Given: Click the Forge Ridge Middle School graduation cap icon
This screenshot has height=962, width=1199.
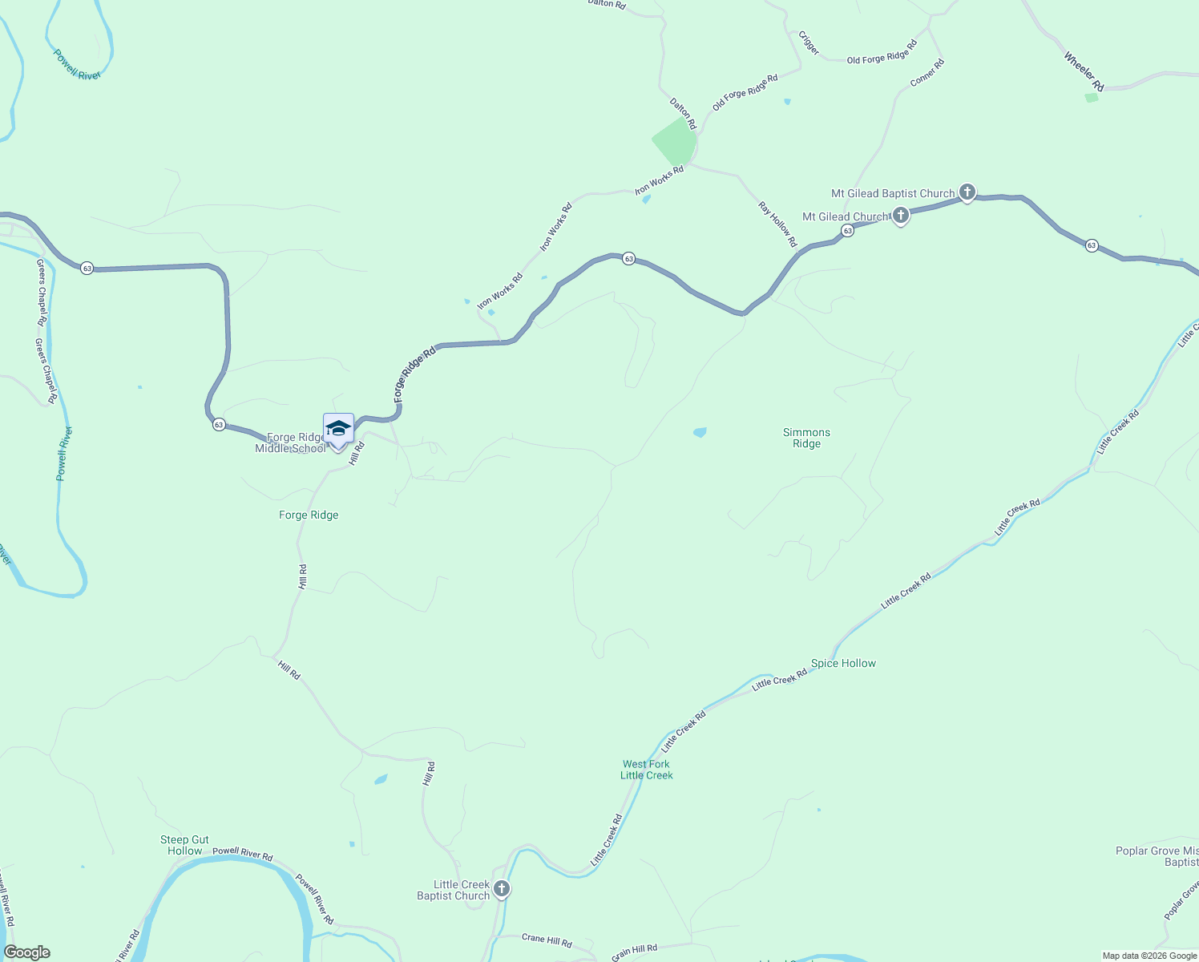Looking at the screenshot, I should tap(338, 429).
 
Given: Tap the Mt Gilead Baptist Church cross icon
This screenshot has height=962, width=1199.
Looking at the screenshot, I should tap(967, 192).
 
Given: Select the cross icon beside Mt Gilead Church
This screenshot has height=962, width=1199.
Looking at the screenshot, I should tap(901, 216).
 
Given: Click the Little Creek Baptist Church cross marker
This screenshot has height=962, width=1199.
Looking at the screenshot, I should tap(502, 888).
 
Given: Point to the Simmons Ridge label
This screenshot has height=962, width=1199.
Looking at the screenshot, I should tap(806, 438).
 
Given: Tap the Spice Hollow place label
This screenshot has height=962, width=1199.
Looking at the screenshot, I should tap(843, 663).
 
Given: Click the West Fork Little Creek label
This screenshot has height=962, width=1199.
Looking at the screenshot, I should tap(647, 770).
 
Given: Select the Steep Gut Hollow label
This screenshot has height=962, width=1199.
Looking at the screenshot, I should tap(184, 845).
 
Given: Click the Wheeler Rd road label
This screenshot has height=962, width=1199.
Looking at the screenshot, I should tap(1084, 71).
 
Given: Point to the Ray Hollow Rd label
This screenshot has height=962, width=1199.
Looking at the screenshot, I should tap(777, 224).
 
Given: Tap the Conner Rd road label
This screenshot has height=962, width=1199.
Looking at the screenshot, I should tap(927, 73).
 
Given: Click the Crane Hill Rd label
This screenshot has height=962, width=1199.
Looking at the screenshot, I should tap(547, 940).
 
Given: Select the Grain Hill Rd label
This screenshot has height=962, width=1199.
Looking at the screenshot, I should tap(634, 952).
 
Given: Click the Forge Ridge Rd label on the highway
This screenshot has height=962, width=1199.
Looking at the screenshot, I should tap(414, 374).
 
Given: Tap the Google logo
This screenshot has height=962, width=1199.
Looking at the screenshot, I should tap(27, 952).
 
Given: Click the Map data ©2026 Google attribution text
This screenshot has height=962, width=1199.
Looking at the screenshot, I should tap(1149, 956).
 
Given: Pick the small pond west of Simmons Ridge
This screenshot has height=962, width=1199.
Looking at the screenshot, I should tap(700, 432).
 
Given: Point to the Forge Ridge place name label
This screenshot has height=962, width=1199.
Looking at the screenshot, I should tap(309, 515).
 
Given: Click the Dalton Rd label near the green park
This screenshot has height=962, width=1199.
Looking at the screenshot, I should tap(683, 114).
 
